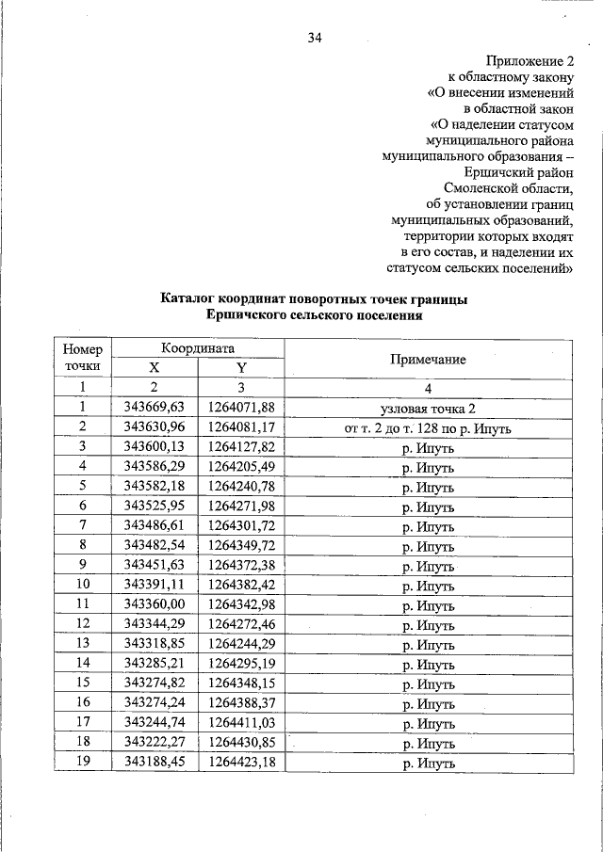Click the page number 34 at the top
(315, 38)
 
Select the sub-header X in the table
(154, 368)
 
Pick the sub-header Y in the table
(240, 368)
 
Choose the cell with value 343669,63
(154, 407)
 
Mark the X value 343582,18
(154, 487)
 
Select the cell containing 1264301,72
(240, 525)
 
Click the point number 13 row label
(83, 644)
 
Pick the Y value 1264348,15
(240, 683)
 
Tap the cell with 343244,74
(154, 722)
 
